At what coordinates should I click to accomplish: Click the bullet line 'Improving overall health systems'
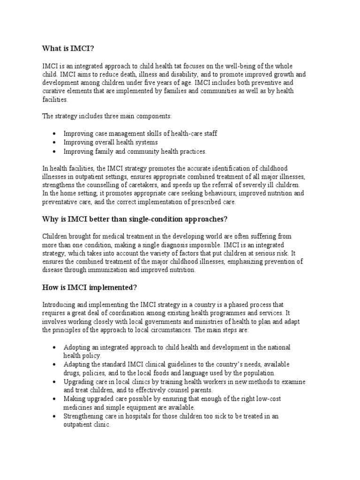coord(111,142)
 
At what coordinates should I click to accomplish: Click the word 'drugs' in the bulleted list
coord(72,373)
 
